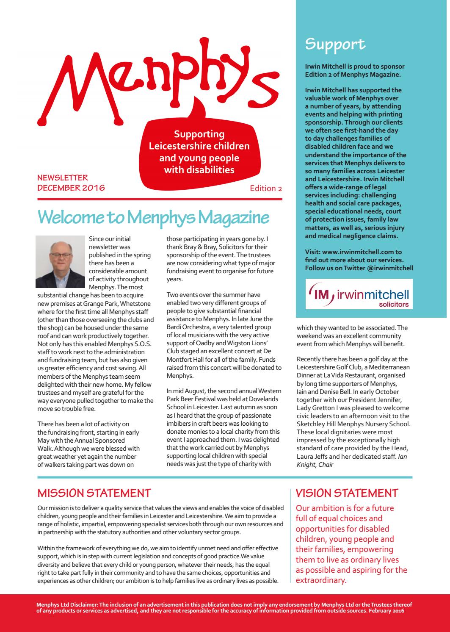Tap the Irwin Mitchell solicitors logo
(359, 294)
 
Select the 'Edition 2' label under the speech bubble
(266, 188)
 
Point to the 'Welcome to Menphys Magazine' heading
(153, 217)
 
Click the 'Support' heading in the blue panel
(335, 44)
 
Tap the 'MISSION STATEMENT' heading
(94, 493)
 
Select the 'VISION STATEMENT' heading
(347, 493)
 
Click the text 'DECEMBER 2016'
(71, 188)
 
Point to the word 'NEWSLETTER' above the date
(63, 178)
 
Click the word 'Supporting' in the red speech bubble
(199, 134)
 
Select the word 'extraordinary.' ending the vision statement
(321, 580)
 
